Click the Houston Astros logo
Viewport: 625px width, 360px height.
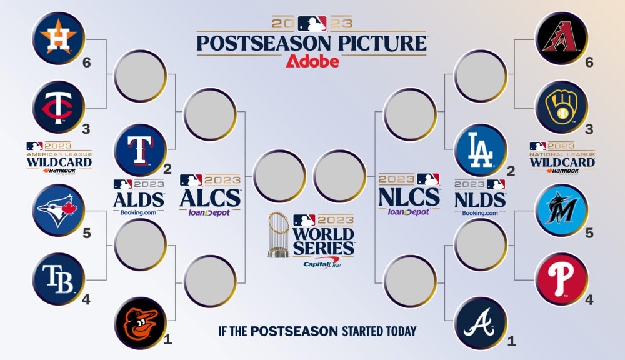point(58,37)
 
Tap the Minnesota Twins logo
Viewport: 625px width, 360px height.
point(58,107)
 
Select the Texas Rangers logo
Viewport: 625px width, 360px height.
point(140,150)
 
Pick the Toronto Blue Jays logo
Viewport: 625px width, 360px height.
point(58,210)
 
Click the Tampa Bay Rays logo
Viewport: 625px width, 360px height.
point(58,279)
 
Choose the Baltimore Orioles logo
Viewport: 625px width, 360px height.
point(140,322)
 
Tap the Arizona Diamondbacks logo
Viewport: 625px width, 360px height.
point(562,37)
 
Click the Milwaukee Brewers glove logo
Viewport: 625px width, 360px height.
point(562,107)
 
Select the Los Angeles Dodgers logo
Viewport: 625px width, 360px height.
point(480,150)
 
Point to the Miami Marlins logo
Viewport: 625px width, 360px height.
point(562,210)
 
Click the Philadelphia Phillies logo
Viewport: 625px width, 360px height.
point(562,279)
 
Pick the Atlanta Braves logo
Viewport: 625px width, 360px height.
point(480,322)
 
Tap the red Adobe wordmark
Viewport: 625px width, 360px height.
point(312,61)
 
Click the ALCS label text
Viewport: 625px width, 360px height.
point(210,197)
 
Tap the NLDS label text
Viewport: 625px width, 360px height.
point(480,199)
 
